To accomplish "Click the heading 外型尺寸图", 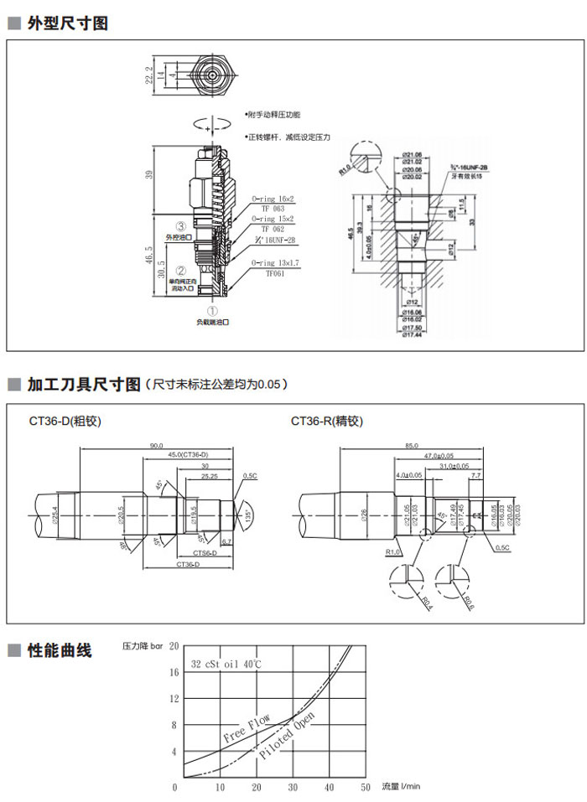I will click(x=68, y=23).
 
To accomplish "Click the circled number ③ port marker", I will click(x=180, y=226).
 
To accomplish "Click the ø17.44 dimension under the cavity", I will click(x=412, y=334).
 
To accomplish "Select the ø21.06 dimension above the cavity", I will click(x=411, y=154).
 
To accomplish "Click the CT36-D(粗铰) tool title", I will click(x=65, y=422).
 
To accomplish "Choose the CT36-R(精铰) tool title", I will click(x=327, y=422).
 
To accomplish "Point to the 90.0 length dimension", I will click(x=156, y=446).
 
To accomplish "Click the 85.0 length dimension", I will click(x=411, y=446).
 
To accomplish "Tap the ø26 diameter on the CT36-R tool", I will click(x=365, y=512).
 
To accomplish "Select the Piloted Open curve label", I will click(x=287, y=737).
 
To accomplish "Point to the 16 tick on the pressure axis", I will click(x=174, y=672).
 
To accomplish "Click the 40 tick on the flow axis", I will click(x=330, y=787).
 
